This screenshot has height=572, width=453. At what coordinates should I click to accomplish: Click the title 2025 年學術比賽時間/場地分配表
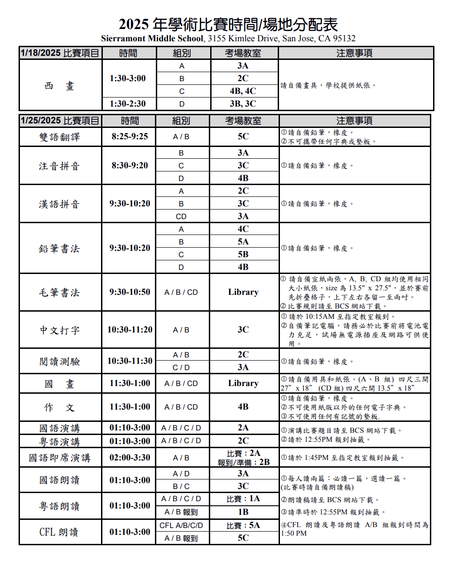228,24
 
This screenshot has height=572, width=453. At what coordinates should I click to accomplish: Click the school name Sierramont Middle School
152,39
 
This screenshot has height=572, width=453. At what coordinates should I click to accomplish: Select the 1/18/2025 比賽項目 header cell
60,53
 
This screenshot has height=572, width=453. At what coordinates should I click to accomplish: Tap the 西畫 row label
60,86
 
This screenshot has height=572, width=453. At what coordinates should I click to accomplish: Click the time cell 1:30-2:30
128,104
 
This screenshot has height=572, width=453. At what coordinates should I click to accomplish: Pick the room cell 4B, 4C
243,91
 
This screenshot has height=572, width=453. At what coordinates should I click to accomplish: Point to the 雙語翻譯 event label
59,137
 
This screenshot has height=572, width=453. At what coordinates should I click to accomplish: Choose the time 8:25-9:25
130,137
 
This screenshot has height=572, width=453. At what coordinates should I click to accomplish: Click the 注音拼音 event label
59,166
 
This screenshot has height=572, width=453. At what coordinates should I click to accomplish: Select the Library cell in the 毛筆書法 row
243,292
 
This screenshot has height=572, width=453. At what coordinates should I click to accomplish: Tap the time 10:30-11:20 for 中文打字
130,330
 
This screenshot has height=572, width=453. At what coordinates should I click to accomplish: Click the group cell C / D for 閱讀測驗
181,367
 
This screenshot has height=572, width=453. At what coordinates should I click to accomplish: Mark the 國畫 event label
59,384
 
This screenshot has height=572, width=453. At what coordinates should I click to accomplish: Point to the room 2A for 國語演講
243,428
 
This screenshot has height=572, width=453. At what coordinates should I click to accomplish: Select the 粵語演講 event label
59,441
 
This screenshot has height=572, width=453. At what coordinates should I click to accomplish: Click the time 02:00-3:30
130,458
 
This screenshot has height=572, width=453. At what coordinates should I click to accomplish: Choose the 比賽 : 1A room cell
243,499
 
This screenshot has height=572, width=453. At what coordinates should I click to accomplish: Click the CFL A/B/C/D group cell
181,525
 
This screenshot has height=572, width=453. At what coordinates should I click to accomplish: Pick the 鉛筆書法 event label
59,249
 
